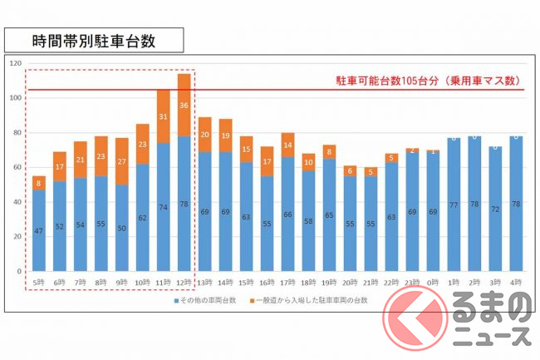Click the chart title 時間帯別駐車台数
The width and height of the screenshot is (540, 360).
tap(93, 38)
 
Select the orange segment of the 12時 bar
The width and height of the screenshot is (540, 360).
tap(184, 105)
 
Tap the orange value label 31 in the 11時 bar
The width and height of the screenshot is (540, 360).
tap(164, 116)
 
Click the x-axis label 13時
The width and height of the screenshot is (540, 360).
tap(205, 283)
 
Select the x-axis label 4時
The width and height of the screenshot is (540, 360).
tap(517, 283)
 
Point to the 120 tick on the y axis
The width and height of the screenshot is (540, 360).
tap(13, 63)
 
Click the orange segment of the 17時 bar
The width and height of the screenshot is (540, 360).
tap(288, 145)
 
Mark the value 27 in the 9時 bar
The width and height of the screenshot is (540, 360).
tap(122, 161)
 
